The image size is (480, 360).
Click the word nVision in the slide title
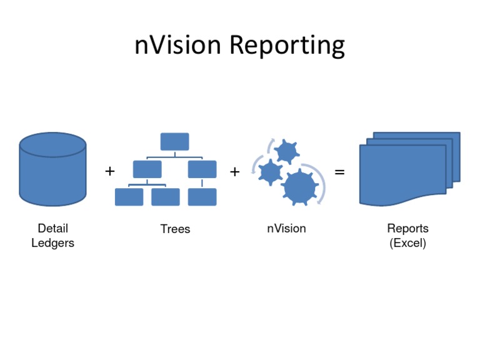(177, 46)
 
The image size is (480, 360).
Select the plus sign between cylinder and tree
(110, 171)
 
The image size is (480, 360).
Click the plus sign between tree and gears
(234, 171)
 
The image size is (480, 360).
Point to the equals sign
(339, 171)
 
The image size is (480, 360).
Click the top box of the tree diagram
(174, 142)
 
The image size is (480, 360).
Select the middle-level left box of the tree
(147, 169)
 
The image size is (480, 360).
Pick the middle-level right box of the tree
(202, 169)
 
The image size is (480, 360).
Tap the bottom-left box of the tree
(129, 197)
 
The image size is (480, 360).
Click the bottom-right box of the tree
(202, 197)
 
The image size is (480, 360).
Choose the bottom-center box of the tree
(165, 197)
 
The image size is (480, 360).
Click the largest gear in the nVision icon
(299, 186)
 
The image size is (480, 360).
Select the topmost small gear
(287, 151)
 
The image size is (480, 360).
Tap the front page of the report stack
(402, 174)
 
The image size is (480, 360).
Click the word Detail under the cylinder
(52, 229)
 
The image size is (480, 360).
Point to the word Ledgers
(52, 243)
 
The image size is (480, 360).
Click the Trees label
(175, 229)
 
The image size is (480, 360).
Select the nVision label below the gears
(286, 229)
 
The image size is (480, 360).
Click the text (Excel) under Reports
(407, 243)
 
